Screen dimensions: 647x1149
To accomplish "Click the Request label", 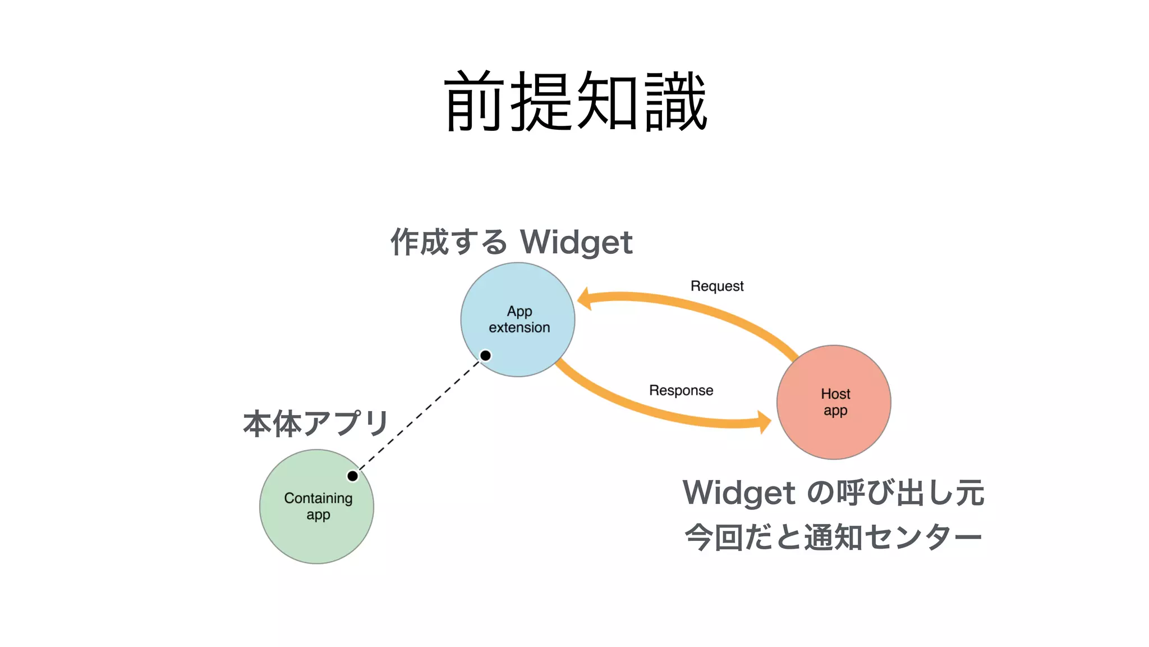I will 716,286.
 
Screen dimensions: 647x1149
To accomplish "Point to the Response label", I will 681,390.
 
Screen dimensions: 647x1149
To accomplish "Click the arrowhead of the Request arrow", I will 584,299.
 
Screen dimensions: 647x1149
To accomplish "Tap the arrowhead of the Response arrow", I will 764,422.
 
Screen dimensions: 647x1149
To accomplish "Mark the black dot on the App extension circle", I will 486,356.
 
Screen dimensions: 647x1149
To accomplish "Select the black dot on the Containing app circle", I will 352,476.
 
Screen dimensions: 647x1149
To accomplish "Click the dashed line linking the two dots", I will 419,416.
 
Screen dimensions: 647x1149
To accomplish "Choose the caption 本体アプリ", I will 316,423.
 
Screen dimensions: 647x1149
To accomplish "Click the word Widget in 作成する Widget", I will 576,243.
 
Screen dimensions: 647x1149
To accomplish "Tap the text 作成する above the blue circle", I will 448,243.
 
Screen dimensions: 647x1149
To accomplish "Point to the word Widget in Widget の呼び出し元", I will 739,493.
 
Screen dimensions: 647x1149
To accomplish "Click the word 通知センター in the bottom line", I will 893,537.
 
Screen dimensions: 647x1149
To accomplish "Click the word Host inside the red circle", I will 835,394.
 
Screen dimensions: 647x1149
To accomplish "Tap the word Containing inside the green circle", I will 318,498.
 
